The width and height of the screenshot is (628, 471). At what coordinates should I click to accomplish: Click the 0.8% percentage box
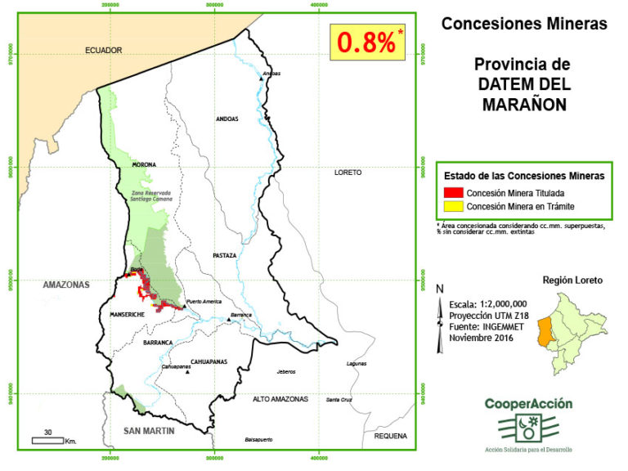tap(367, 43)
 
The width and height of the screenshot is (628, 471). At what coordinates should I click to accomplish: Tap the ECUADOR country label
tap(104, 50)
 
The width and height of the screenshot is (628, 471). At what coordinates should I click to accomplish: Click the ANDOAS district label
tap(227, 119)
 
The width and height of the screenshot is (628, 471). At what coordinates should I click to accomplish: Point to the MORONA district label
tap(144, 164)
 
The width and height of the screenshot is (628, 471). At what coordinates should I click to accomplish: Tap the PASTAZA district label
tap(223, 255)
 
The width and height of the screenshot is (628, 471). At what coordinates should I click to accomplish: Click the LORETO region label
tap(348, 173)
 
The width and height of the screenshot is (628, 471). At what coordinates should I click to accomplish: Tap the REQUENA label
tap(390, 436)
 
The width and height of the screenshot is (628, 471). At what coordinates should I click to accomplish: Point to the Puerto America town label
tap(204, 302)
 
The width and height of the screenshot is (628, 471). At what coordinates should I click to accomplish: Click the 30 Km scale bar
tap(48, 439)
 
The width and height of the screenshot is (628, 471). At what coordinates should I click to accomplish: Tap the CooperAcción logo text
tap(528, 403)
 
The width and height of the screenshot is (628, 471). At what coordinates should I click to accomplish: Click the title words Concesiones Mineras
tap(524, 24)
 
